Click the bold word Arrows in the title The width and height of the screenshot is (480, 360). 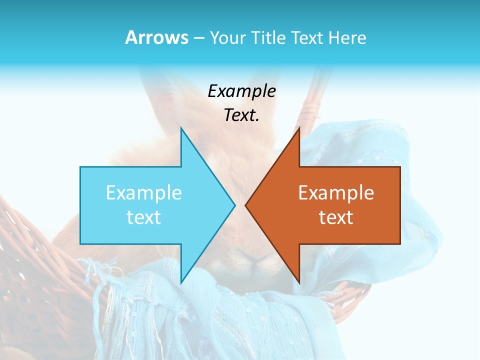(x=156, y=37)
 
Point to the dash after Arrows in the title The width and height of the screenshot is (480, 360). (x=198, y=38)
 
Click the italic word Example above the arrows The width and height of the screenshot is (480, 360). (x=242, y=91)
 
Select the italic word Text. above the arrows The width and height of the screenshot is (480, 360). (x=242, y=115)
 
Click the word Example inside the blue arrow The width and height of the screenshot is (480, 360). (x=144, y=193)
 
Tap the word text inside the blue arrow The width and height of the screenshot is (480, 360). (x=144, y=217)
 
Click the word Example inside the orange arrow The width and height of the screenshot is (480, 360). (x=336, y=193)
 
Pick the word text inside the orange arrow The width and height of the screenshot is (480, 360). (x=336, y=217)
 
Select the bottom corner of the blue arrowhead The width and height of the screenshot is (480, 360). (x=181, y=281)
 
